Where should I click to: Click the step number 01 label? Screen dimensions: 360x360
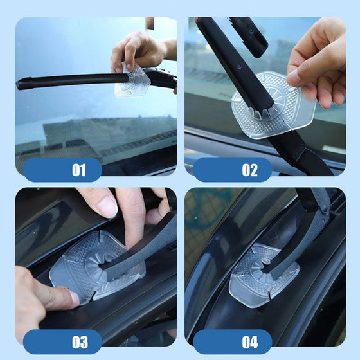79,170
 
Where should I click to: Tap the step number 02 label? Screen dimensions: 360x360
249,170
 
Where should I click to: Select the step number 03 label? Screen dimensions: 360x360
80,342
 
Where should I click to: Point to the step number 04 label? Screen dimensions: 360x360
250,342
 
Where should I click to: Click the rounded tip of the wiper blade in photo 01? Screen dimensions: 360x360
20,84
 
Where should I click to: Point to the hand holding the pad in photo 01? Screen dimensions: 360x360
140,51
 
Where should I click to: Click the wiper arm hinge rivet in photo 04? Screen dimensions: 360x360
324,209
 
